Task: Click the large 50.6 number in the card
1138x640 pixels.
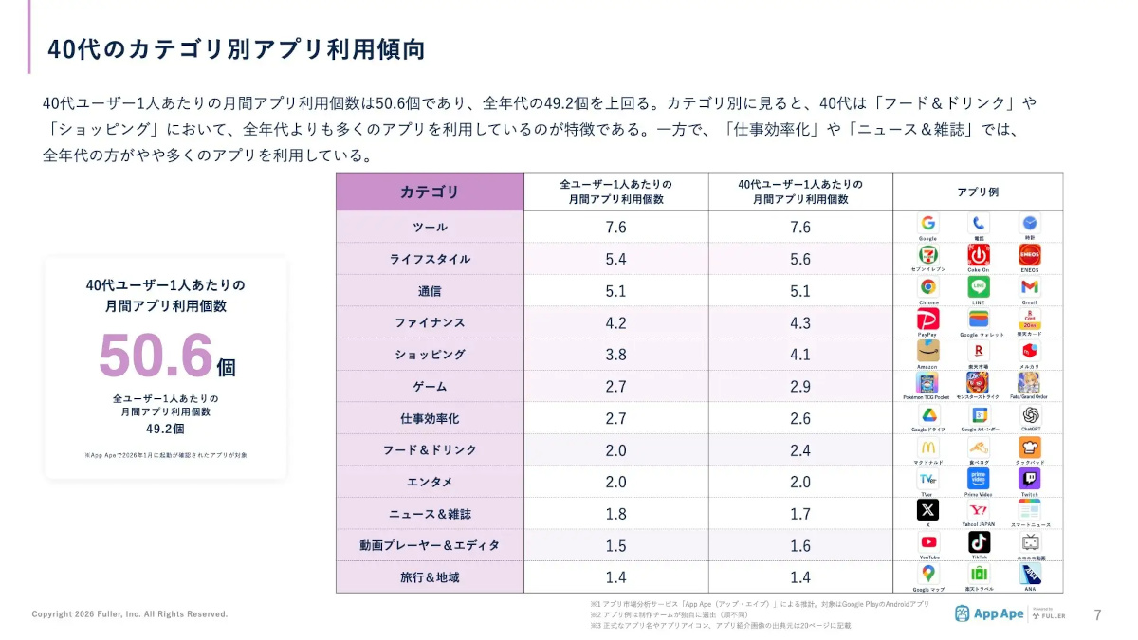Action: [x=156, y=356]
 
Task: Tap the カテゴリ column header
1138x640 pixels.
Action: [x=430, y=192]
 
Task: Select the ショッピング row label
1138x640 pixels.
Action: [x=430, y=355]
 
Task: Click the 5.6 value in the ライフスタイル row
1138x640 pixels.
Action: [x=800, y=259]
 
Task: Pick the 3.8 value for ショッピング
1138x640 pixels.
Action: [x=615, y=355]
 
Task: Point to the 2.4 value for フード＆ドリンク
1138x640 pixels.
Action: [x=800, y=450]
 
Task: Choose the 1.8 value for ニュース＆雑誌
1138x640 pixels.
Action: [x=615, y=514]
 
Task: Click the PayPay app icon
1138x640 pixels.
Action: [x=927, y=319]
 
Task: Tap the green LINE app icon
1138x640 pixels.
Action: [x=979, y=286]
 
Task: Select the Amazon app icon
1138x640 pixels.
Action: [x=927, y=351]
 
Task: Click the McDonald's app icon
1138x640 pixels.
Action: [x=927, y=447]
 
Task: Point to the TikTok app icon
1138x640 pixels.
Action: [x=979, y=541]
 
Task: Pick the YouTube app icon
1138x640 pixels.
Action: [x=927, y=541]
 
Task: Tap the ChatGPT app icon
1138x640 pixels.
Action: [x=1030, y=414]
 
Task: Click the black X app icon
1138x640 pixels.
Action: [x=927, y=510]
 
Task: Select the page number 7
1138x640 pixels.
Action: [x=1098, y=614]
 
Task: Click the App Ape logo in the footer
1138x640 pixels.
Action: [x=989, y=613]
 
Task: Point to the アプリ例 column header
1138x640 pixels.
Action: [x=978, y=192]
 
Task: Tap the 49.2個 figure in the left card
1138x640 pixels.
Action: [x=165, y=429]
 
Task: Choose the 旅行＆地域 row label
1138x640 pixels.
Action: [x=430, y=577]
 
